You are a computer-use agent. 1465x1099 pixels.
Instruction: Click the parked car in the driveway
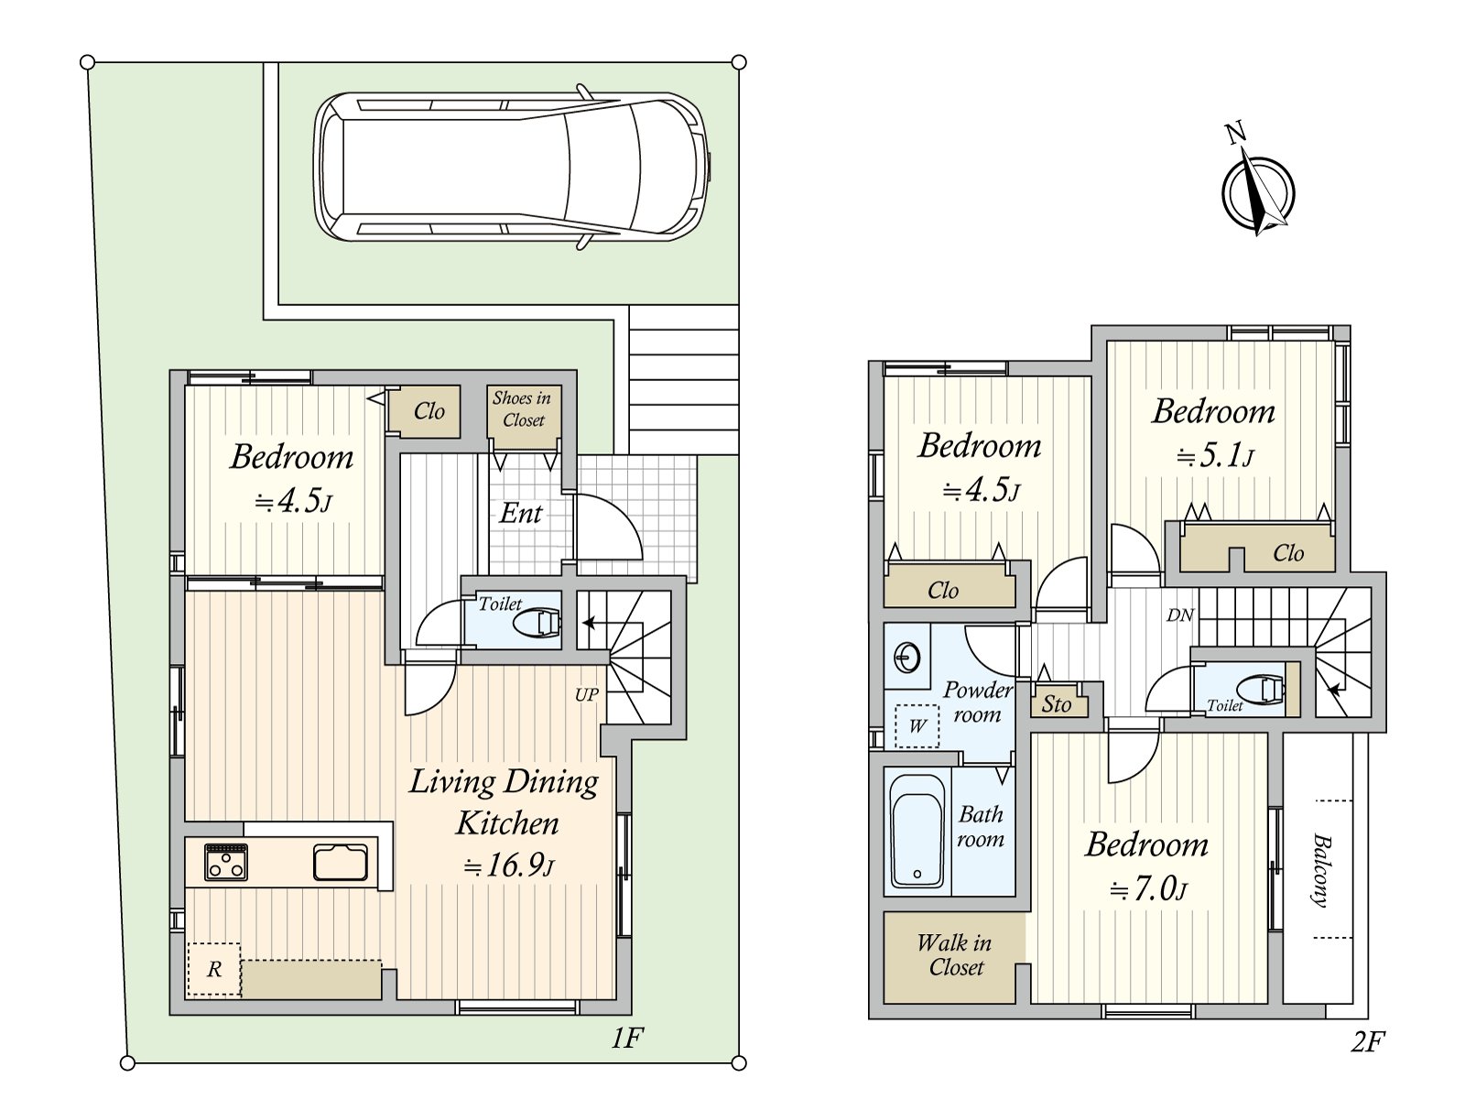(x=513, y=166)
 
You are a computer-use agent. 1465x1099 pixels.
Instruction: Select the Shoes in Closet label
(x=523, y=409)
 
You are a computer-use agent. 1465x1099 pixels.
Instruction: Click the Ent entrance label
(x=521, y=513)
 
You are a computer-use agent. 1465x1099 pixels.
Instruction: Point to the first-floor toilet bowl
(x=537, y=624)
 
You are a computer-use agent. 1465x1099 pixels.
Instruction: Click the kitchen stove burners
(x=226, y=863)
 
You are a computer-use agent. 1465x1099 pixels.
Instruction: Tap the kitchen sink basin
(x=341, y=862)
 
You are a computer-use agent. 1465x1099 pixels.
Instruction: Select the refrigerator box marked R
(x=213, y=969)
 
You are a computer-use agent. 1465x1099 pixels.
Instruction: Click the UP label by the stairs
(x=587, y=694)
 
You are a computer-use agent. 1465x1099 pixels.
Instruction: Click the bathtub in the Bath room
(x=917, y=831)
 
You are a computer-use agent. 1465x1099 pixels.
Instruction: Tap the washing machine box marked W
(x=917, y=726)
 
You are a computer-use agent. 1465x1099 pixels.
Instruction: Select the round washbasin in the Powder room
(x=906, y=658)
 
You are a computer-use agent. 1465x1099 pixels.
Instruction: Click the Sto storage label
(x=1056, y=704)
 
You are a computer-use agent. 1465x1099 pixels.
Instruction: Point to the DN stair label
(x=1180, y=615)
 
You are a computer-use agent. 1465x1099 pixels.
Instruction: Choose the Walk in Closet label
(x=955, y=955)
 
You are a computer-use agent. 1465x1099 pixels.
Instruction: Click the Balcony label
(x=1319, y=870)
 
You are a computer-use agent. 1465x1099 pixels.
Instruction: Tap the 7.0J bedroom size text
(x=1147, y=890)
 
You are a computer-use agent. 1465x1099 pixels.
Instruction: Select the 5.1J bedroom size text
(x=1214, y=456)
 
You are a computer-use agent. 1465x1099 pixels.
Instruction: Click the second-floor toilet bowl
(x=1259, y=688)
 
